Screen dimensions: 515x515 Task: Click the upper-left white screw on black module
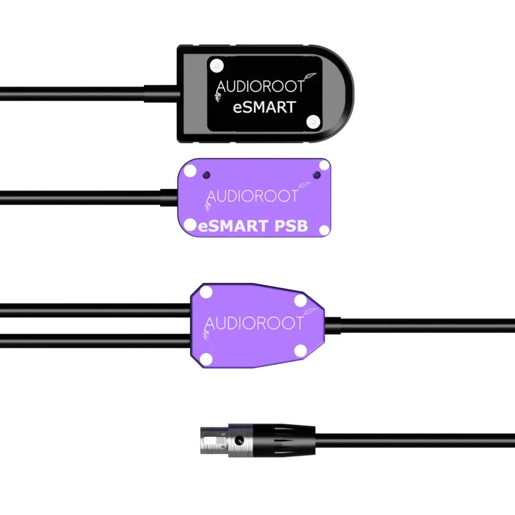click(x=219, y=65)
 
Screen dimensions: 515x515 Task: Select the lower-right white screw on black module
click(x=312, y=121)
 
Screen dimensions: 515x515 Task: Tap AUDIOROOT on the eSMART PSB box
click(x=252, y=196)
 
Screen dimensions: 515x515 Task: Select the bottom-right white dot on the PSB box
click(x=323, y=229)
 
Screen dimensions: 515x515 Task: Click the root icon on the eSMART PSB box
click(x=208, y=206)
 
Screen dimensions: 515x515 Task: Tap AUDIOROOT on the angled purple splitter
click(x=254, y=323)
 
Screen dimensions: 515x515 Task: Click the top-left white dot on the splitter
click(x=206, y=293)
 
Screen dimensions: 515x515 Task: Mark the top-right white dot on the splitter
click(x=300, y=300)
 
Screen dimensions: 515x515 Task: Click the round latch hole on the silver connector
click(x=239, y=441)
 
